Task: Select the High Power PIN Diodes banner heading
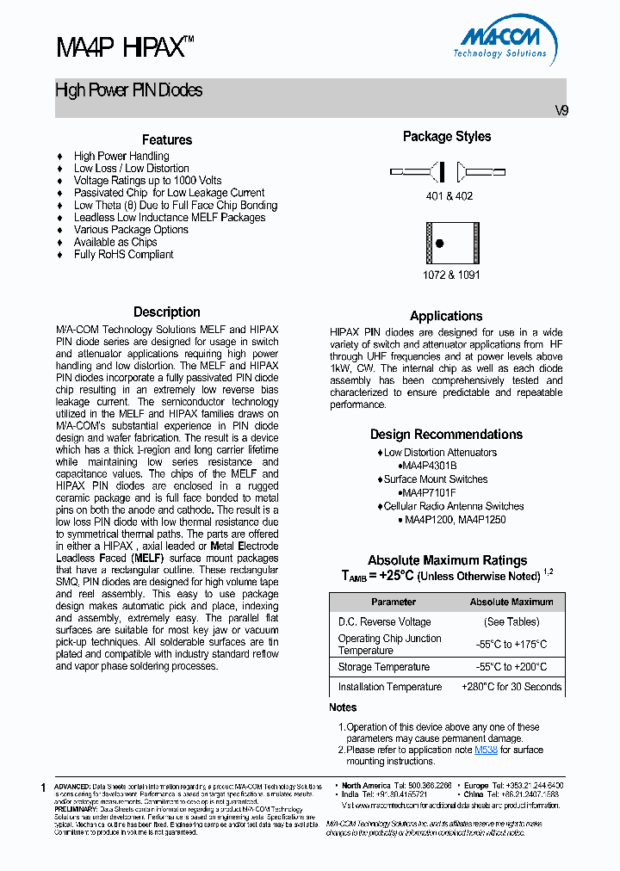pyautogui.click(x=129, y=90)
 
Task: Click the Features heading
pyautogui.click(x=166, y=139)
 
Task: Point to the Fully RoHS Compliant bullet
pyautogui.click(x=123, y=255)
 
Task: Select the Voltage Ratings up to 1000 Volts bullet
pyautogui.click(x=147, y=181)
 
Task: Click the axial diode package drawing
pyautogui.click(x=447, y=171)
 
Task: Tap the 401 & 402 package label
pyautogui.click(x=448, y=196)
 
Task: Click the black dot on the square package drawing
pyautogui.click(x=439, y=244)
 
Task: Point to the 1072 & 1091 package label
pyautogui.click(x=451, y=275)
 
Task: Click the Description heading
pyautogui.click(x=166, y=312)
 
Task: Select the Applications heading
pyautogui.click(x=446, y=316)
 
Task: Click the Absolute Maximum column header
pyautogui.click(x=512, y=602)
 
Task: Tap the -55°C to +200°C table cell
pyautogui.click(x=512, y=667)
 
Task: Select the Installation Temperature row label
pyautogui.click(x=389, y=687)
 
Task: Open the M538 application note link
pyautogui.click(x=486, y=750)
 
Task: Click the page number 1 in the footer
pyautogui.click(x=44, y=788)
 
